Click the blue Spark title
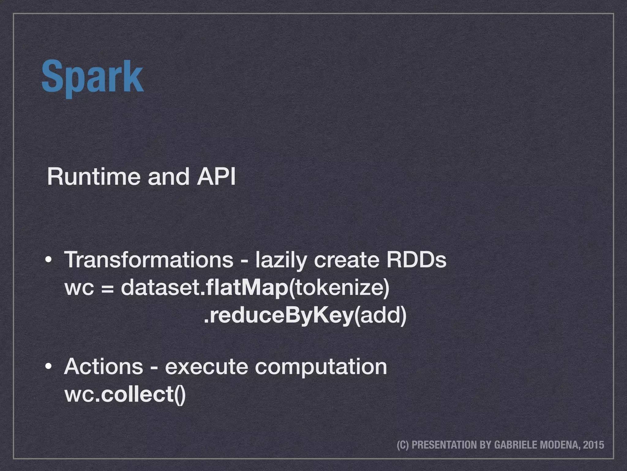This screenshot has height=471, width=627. [92, 77]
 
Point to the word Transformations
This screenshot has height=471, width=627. [149, 260]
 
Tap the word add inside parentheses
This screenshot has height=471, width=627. [380, 316]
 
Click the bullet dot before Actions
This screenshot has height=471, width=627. [48, 367]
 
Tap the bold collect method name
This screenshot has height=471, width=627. [137, 394]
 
